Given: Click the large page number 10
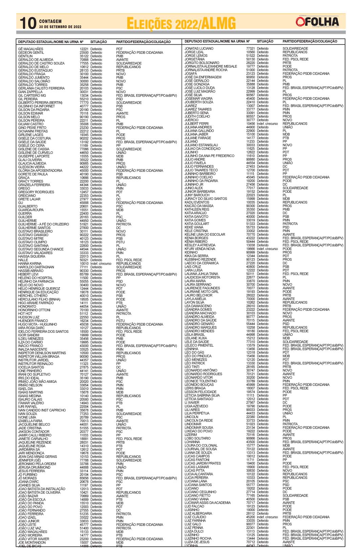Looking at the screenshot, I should tap(28, 23).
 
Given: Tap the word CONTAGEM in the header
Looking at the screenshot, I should tap(50, 21).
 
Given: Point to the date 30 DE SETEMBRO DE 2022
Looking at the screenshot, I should tap(60, 27).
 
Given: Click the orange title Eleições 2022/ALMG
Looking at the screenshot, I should tap(181, 24).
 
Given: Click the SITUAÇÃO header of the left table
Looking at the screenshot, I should tap(99, 42).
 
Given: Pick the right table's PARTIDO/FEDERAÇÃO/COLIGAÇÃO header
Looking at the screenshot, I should tap(310, 41).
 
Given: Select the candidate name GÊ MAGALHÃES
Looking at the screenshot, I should tap(30, 49).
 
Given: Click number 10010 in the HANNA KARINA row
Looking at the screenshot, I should tap(84, 264).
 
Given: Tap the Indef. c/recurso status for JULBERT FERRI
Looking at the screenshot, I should tap(267, 124).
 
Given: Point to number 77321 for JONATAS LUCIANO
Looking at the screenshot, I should tap(250, 48).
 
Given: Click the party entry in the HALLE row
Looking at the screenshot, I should tap(129, 260).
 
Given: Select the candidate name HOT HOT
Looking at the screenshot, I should tap(25, 314).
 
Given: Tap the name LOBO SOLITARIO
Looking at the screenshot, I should tap(197, 438).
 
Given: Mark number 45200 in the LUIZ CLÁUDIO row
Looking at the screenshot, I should tap(250, 517).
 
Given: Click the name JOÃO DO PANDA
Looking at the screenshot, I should tap(31, 503).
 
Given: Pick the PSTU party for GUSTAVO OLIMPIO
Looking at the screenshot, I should tap(120, 242).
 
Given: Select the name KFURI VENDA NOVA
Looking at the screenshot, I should tap(200, 249).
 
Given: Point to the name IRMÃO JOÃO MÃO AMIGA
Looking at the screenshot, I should tap(37, 381).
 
